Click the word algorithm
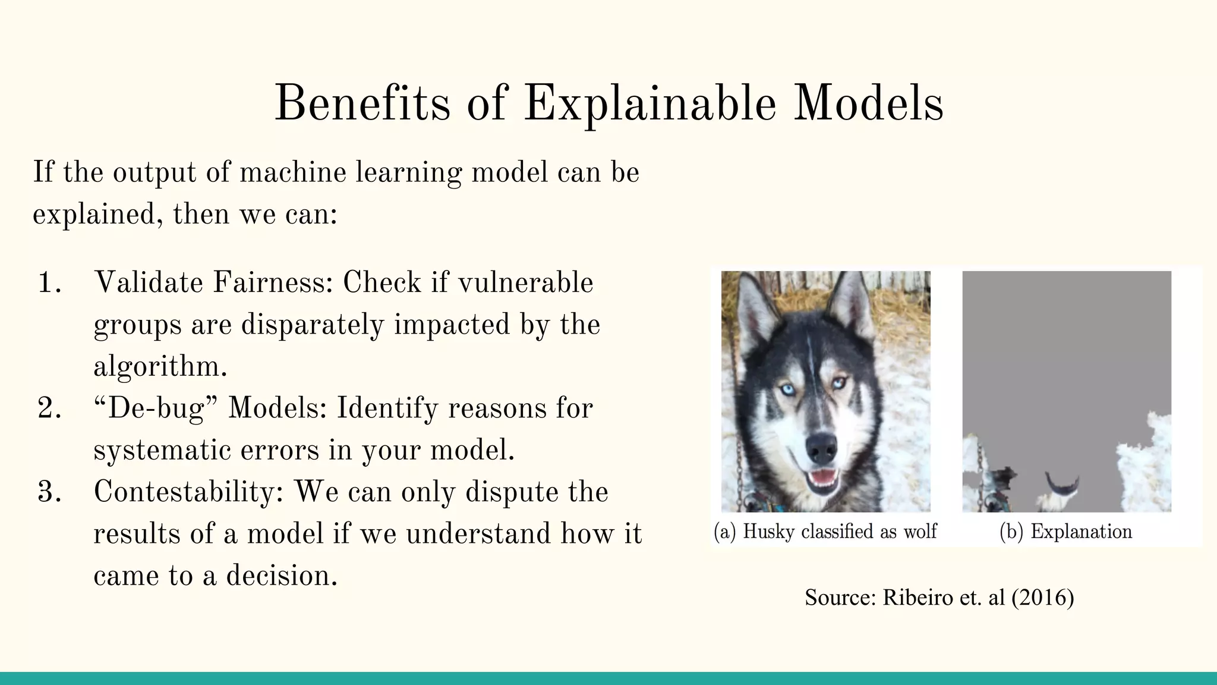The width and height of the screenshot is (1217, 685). [x=160, y=367]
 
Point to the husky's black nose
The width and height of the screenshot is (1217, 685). [x=822, y=447]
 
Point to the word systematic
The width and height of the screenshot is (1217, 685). [x=162, y=450]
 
